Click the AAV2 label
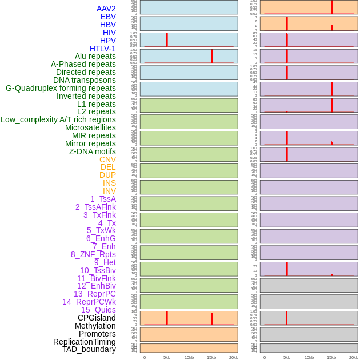click(x=106, y=9)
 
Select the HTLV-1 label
click(x=102, y=49)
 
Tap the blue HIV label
click(x=109, y=33)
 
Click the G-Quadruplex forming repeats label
click(x=61, y=88)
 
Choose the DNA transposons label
click(x=84, y=80)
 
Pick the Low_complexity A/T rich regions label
click(x=58, y=119)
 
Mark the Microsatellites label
click(x=90, y=127)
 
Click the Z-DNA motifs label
click(x=92, y=151)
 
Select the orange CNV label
click(x=107, y=159)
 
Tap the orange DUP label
click(x=107, y=175)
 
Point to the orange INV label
click(x=109, y=191)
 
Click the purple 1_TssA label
click(x=103, y=199)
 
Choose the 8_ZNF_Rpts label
click(x=93, y=254)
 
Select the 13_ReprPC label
click(x=94, y=294)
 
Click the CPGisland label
click(x=97, y=318)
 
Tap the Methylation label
click(x=95, y=326)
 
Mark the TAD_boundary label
click(x=89, y=349)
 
